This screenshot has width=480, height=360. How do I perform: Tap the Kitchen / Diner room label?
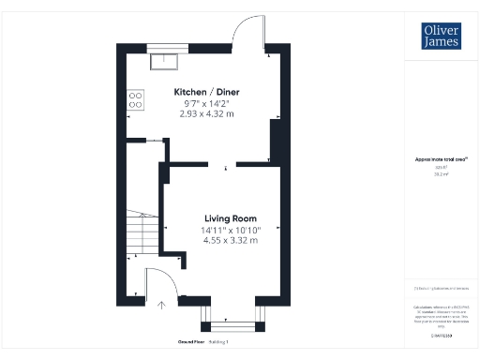[x=206, y=91]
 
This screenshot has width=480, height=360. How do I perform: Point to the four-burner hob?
[x=135, y=98]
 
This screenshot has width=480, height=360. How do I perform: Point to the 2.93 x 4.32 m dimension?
[x=206, y=113]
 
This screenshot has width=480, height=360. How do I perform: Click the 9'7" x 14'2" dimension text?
[x=206, y=102]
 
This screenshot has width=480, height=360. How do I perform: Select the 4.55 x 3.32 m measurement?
[x=230, y=240]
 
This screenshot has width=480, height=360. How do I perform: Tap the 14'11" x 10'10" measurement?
[x=230, y=229]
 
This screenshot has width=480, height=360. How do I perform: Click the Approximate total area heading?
[x=441, y=159]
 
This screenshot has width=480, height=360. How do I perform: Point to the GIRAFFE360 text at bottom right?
[x=441, y=335]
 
